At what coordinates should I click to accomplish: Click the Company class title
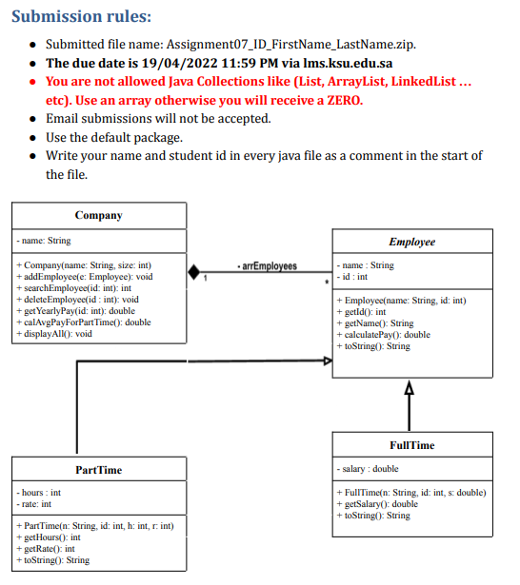pos(98,215)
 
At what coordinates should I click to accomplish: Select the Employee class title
pos(411,242)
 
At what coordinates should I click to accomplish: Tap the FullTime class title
pos(411,445)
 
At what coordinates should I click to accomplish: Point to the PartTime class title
pos(98,470)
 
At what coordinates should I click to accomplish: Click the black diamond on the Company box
pos(194,272)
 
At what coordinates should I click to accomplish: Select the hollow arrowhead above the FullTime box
pos(410,387)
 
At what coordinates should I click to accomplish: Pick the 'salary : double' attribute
pos(370,469)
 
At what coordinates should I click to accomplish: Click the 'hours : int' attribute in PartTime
pos(39,493)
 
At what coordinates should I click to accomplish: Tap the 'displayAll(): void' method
pos(55,334)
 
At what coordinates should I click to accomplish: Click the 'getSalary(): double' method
pos(379,503)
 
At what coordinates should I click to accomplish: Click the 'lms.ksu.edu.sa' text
pos(313,64)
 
